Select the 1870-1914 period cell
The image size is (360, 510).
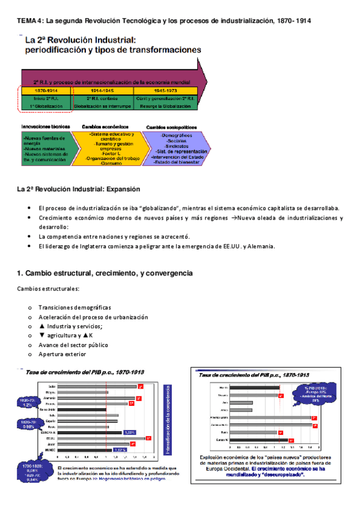[45, 90]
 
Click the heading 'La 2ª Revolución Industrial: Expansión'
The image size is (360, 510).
[78, 189]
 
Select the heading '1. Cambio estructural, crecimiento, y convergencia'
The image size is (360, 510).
[105, 273]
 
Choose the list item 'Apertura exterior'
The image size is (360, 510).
[63, 355]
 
